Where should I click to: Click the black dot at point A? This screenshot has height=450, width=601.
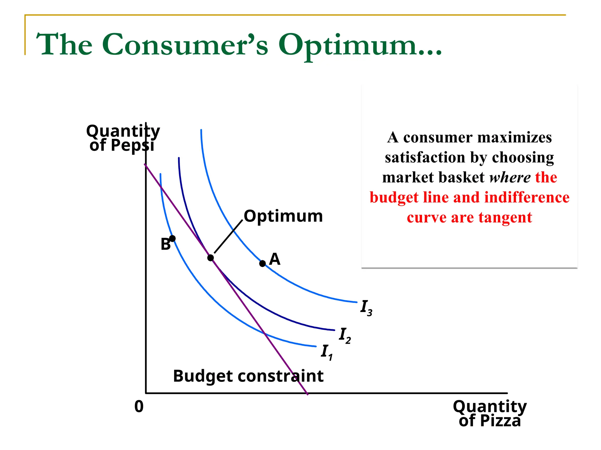263,263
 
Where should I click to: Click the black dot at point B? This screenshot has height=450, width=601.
173,238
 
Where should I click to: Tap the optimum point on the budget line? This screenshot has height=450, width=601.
210,258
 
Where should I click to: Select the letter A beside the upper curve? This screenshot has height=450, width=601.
275,259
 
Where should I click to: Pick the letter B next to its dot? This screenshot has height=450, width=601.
165,244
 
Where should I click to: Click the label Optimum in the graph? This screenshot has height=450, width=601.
283,216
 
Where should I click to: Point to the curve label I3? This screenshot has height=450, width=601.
366,308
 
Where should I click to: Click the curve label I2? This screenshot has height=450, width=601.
345,335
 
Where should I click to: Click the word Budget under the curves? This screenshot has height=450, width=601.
203,376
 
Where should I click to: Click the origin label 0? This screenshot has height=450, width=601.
139,407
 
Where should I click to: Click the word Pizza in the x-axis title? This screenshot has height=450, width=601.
500,421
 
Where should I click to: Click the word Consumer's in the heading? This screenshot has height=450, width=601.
185,44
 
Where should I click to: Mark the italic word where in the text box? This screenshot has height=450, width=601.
510,178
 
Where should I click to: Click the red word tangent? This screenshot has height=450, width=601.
505,218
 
